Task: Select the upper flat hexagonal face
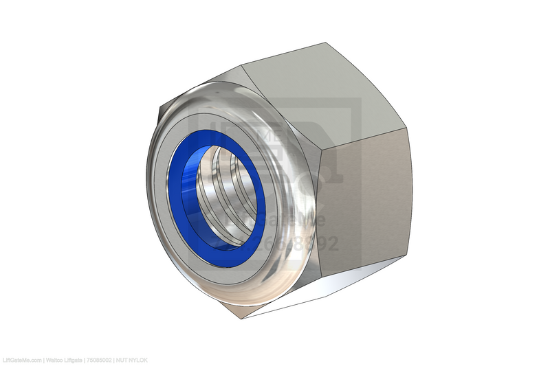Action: (309, 89)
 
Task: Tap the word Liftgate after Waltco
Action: (74, 360)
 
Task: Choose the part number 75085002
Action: (100, 360)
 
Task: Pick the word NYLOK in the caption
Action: (138, 360)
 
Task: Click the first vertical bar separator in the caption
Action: (44, 360)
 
